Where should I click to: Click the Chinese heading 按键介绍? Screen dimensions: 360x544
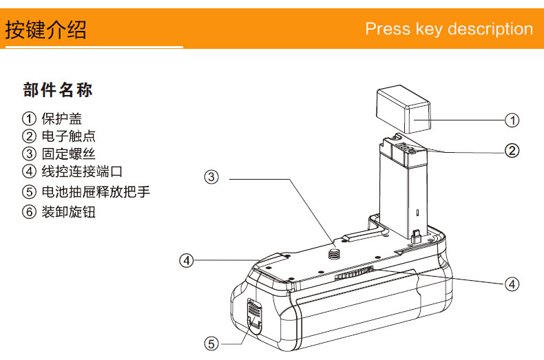pyautogui.click(x=46, y=30)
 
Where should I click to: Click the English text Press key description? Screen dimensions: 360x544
pyautogui.click(x=449, y=29)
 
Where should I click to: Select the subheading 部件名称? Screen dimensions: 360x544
pyautogui.click(x=58, y=90)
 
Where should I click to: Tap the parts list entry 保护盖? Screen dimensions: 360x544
pyautogui.click(x=64, y=118)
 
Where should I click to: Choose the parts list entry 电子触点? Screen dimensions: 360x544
pyautogui.click(x=68, y=136)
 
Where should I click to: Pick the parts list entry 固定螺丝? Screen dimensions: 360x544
pyautogui.click(x=68, y=153)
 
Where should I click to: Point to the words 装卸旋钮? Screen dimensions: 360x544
pyautogui.click(x=68, y=211)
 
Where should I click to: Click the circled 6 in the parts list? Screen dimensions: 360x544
pyautogui.click(x=29, y=211)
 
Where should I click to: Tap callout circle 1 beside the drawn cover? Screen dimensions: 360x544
pyautogui.click(x=512, y=120)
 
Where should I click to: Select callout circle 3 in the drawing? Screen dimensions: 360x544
pyautogui.click(x=212, y=177)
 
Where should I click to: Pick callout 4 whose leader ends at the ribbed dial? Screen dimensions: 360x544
pyautogui.click(x=512, y=282)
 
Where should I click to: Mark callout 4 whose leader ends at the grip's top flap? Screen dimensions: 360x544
pyautogui.click(x=187, y=260)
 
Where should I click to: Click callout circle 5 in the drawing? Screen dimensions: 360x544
pyautogui.click(x=212, y=342)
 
